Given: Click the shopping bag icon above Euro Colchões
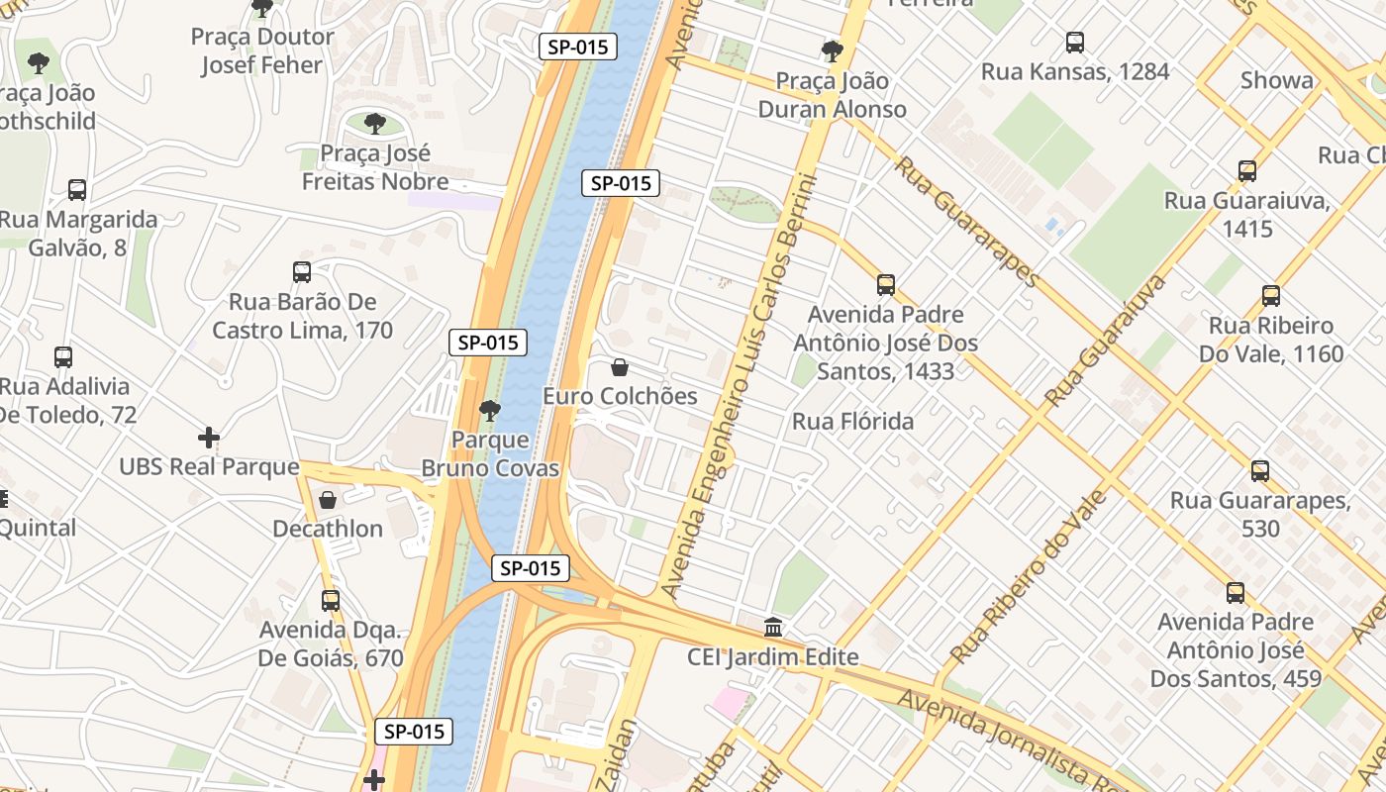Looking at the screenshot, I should (620, 367).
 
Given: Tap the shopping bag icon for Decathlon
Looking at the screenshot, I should (328, 500).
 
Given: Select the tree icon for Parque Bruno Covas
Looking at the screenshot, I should (489, 410).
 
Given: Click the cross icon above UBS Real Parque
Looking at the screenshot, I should (209, 438).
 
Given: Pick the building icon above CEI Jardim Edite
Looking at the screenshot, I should (773, 628).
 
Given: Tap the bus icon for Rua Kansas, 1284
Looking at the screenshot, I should (1074, 43).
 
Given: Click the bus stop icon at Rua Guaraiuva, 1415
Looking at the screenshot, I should (1246, 171).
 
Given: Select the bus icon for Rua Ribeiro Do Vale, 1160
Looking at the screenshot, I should (1270, 296).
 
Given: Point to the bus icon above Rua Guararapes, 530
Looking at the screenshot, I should (1259, 471).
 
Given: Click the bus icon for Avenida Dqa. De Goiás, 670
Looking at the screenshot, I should (331, 601).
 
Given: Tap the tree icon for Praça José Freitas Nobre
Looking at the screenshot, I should (375, 124).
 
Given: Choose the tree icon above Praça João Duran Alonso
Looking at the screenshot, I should (832, 51).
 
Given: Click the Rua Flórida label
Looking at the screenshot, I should (852, 422).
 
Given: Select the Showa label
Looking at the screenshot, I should (1277, 81).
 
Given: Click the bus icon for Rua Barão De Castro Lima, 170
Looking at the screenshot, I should (302, 272).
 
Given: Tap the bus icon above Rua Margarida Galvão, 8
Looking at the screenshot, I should (77, 190).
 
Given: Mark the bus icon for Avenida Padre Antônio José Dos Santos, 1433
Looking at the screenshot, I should (885, 286).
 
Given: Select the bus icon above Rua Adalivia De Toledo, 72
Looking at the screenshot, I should (63, 357).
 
